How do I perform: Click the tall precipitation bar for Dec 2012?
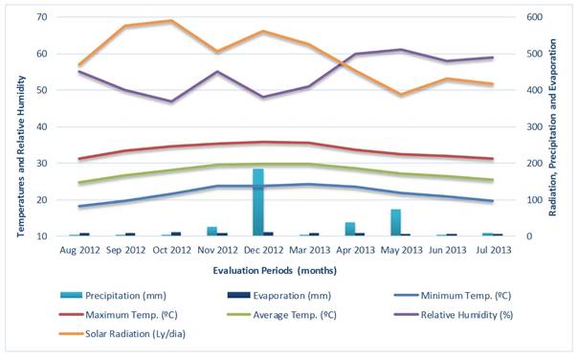257,202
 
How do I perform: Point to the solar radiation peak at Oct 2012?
171,20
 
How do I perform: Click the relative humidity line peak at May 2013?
400,50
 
